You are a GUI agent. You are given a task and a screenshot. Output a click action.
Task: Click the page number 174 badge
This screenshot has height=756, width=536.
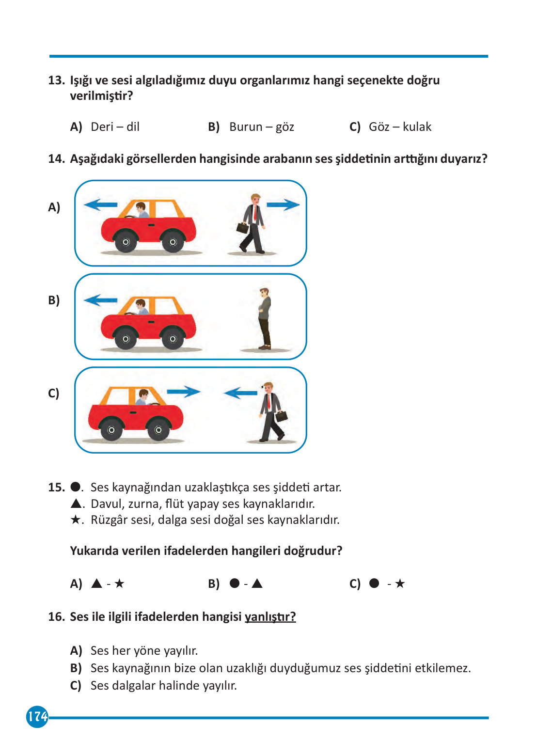(37, 716)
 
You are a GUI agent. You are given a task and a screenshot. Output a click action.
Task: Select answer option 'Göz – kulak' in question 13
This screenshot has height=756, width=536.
(399, 127)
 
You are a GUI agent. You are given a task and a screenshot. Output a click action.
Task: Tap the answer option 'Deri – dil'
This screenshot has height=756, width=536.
(115, 127)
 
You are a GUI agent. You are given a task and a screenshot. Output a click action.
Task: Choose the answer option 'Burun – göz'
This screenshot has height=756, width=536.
(261, 127)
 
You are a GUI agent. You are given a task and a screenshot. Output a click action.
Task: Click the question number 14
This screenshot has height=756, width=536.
(56, 159)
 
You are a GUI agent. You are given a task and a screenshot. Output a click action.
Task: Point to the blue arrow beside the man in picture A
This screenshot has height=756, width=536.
(283, 205)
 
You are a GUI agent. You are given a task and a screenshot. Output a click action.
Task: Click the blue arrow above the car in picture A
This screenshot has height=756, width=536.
(100, 205)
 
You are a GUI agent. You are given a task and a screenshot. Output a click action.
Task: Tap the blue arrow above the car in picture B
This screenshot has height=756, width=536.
(100, 300)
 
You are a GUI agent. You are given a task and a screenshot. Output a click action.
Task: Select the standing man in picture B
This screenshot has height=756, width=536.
(264, 318)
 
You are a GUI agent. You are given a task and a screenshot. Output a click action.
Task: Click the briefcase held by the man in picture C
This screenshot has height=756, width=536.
(282, 416)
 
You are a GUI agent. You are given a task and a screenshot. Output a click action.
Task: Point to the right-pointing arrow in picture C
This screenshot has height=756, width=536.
(184, 392)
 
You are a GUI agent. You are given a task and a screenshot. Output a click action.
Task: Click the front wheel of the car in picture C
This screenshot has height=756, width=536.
(158, 429)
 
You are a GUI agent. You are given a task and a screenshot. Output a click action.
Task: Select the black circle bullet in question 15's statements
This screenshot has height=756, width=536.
(76, 487)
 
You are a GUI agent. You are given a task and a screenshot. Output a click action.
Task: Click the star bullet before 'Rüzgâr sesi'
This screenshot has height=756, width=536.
(76, 520)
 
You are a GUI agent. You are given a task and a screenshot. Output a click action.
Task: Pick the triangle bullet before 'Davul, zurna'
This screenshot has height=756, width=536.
(76, 504)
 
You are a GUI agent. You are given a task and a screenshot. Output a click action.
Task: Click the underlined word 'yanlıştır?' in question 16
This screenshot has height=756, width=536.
(270, 617)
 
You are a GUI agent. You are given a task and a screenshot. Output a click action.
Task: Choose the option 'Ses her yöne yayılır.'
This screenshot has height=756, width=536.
(144, 651)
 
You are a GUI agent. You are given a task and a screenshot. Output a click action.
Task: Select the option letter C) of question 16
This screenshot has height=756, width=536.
(76, 686)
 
